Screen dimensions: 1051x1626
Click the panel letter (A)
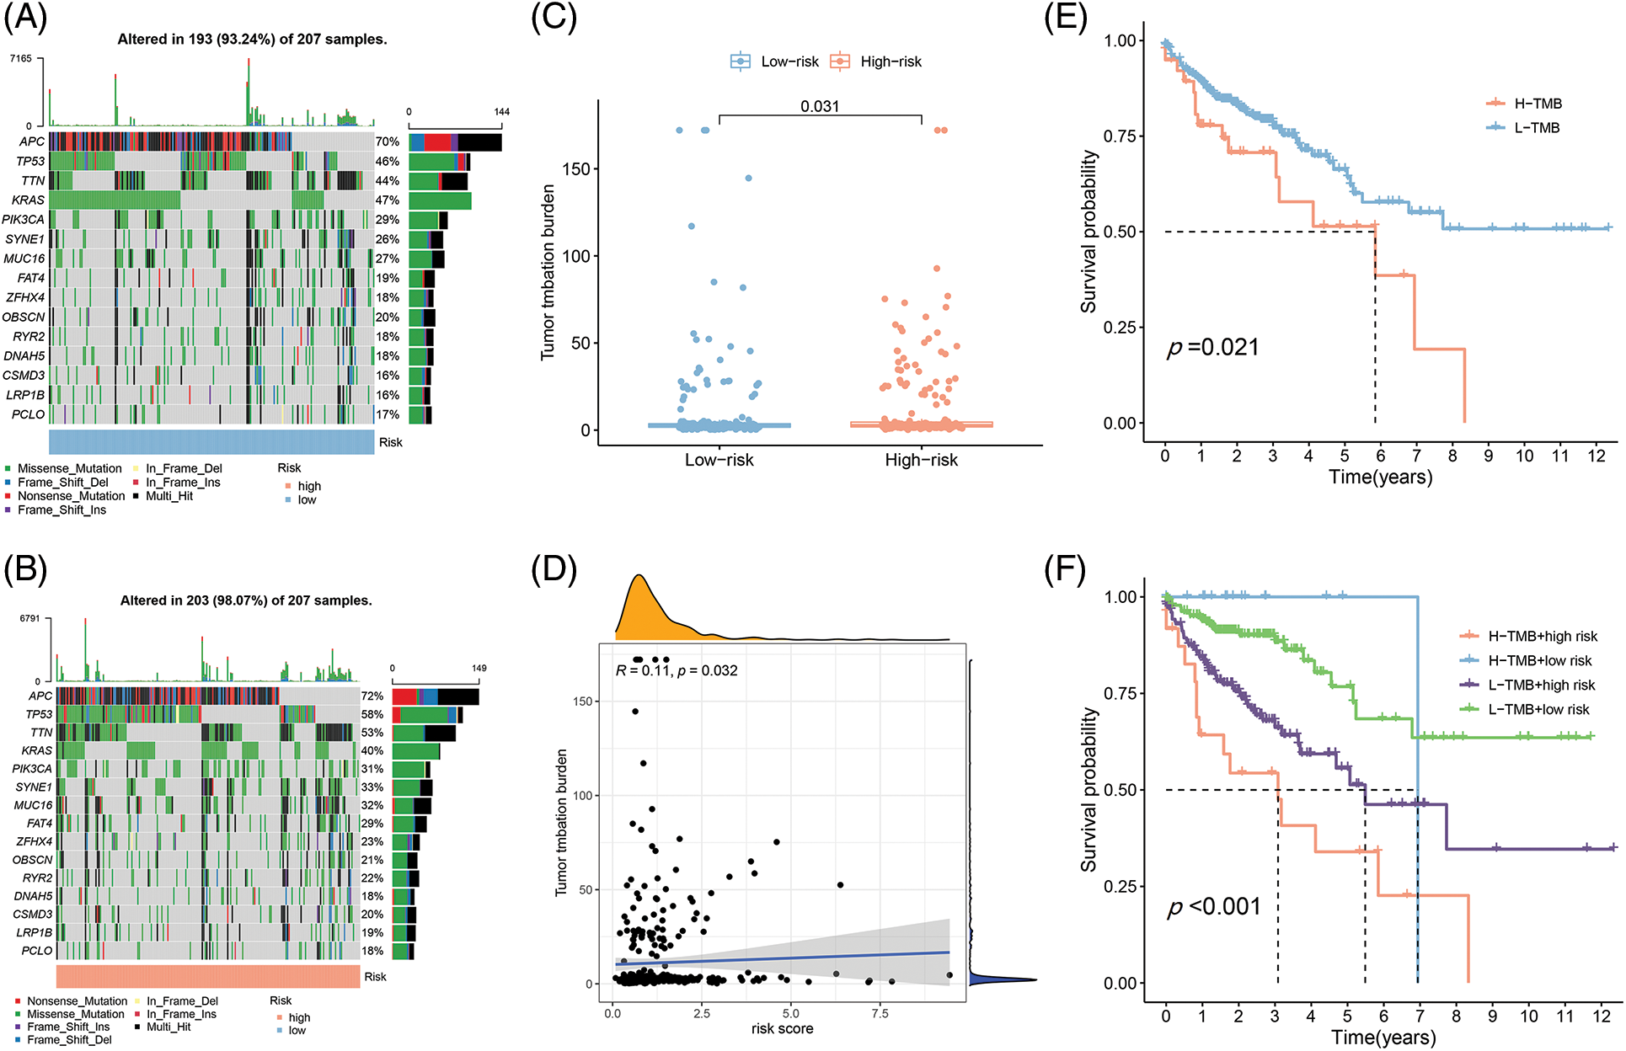[x=25, y=19]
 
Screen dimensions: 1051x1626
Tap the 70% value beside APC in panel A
[x=388, y=141]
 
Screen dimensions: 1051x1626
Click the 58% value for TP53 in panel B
[x=372, y=714]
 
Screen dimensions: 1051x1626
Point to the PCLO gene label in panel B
[x=37, y=951]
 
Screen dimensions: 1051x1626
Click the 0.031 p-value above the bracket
[x=820, y=106]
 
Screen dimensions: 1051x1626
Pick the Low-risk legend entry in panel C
[x=775, y=61]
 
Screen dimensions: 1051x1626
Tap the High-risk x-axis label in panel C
[x=921, y=460]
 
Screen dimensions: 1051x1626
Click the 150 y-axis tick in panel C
[x=576, y=169]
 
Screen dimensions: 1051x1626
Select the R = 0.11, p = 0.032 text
[x=677, y=670]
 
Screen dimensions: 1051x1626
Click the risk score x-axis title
[x=782, y=1028]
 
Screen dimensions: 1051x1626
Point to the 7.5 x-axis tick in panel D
[x=880, y=1013]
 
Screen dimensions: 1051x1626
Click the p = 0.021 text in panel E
[x=1213, y=347]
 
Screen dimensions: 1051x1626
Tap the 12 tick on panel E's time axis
[x=1597, y=456]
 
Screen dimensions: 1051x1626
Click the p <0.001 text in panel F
[x=1214, y=907]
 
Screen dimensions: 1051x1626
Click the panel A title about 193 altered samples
[x=252, y=40]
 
